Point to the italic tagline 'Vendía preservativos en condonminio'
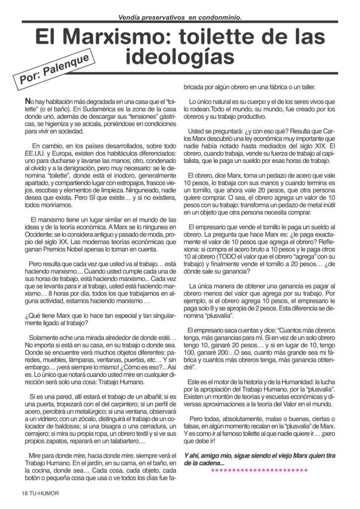180,17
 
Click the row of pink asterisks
259,470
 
